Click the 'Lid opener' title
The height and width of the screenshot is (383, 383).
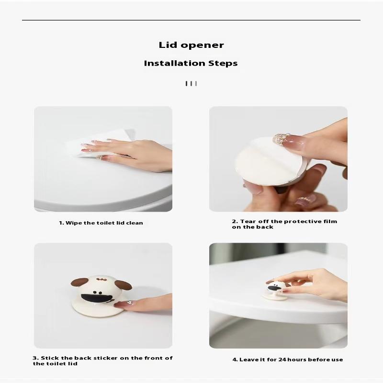point(191,45)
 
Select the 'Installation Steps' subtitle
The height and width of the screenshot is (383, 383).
point(191,63)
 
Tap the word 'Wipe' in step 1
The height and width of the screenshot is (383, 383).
point(74,223)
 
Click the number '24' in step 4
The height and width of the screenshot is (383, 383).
point(282,360)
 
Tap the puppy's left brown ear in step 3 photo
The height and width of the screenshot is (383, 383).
point(79,282)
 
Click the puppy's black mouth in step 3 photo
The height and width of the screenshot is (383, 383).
point(97,298)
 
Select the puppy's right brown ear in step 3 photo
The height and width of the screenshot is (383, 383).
point(124,285)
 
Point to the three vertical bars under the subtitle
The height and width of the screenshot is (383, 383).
point(191,83)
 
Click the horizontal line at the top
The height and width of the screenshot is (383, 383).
point(191,20)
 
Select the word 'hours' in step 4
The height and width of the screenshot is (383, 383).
point(297,360)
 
